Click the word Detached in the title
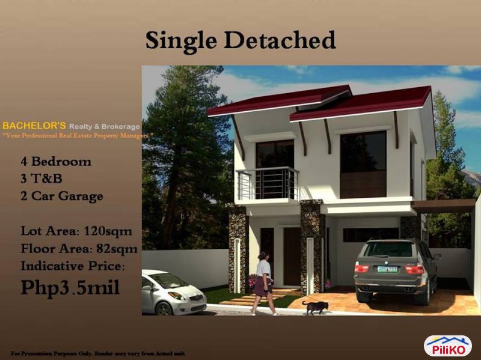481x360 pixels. (x=280, y=40)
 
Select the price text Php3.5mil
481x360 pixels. (x=70, y=287)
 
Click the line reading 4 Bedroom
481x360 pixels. (x=57, y=162)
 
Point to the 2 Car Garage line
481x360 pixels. (x=62, y=196)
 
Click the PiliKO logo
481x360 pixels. (x=447, y=346)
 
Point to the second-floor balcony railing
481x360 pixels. (x=268, y=183)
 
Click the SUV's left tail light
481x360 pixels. (x=362, y=267)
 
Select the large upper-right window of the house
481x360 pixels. (x=363, y=163)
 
